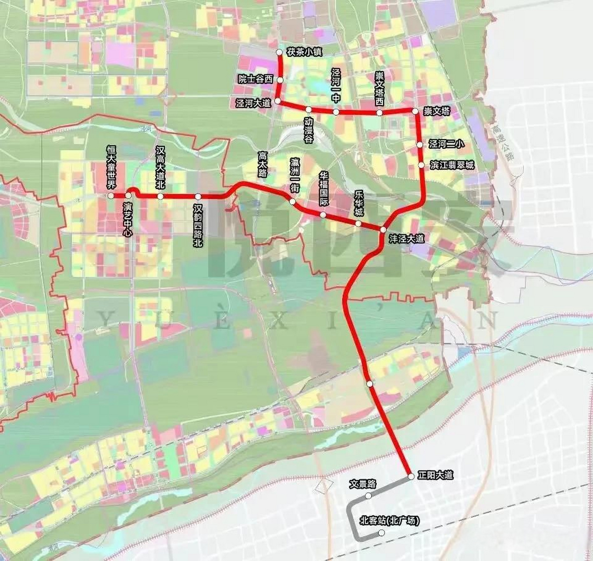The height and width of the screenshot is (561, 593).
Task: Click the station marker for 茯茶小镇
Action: pos(280,52)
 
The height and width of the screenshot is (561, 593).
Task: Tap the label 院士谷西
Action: pos(255,79)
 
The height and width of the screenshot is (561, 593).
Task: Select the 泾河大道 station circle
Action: pos(278,102)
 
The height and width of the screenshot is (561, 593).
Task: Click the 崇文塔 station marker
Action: pos(415,111)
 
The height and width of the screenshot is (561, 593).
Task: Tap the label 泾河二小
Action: pos(447,144)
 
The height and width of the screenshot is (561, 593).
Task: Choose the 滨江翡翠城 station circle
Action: pos(421,165)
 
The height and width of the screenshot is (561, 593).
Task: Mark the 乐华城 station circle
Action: pos(358,224)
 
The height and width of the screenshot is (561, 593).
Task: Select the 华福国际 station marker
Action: pos(323,215)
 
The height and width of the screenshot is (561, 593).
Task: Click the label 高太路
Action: pos(263,163)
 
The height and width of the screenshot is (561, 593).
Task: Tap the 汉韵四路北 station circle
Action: pos(198,196)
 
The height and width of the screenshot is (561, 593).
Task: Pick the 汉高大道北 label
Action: pos(160,168)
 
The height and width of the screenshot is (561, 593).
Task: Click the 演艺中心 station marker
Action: pos(128,195)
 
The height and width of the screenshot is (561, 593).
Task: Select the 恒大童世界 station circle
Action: pos(111,195)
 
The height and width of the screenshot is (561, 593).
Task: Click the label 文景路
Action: pos(362,484)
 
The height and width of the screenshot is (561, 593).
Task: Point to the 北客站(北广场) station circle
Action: pos(381,533)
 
